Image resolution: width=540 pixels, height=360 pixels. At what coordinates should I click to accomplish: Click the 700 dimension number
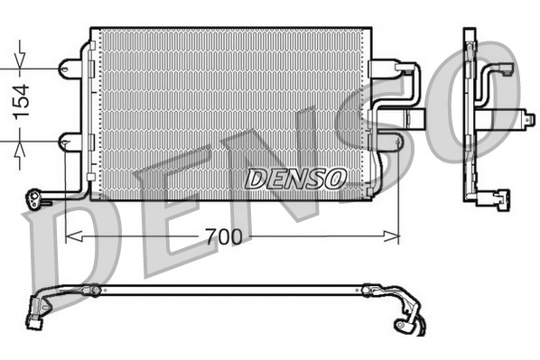pos(221,237)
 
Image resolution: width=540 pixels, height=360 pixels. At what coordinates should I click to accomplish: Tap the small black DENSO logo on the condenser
pos(294,179)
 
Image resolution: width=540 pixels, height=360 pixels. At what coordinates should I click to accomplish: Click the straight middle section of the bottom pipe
pos(226,291)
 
